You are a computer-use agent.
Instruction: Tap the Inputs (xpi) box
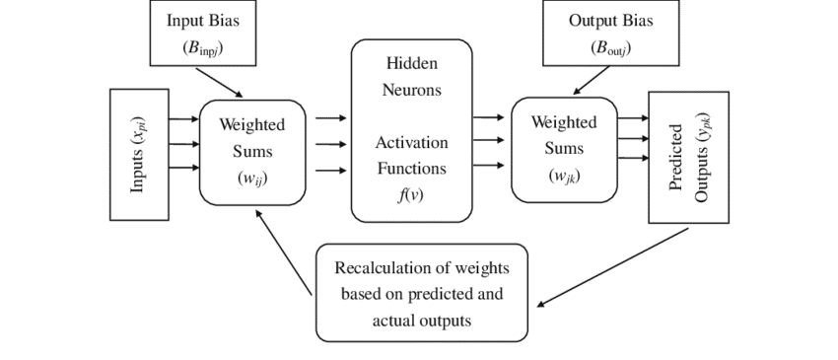click(x=137, y=154)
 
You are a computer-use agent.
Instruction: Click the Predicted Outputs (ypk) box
click(x=688, y=157)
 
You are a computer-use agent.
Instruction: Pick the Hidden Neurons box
click(x=411, y=130)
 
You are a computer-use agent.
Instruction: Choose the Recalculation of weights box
click(x=422, y=293)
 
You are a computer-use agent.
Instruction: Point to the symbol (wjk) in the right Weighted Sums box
click(x=564, y=175)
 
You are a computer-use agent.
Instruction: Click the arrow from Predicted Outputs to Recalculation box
click(x=611, y=267)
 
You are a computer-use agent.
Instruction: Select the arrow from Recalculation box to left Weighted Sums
click(x=284, y=252)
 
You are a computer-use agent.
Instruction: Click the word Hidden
click(x=411, y=64)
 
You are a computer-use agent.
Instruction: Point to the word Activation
click(x=411, y=143)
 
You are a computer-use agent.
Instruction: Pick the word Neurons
click(x=411, y=91)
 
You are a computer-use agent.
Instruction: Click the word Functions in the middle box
click(x=411, y=169)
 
